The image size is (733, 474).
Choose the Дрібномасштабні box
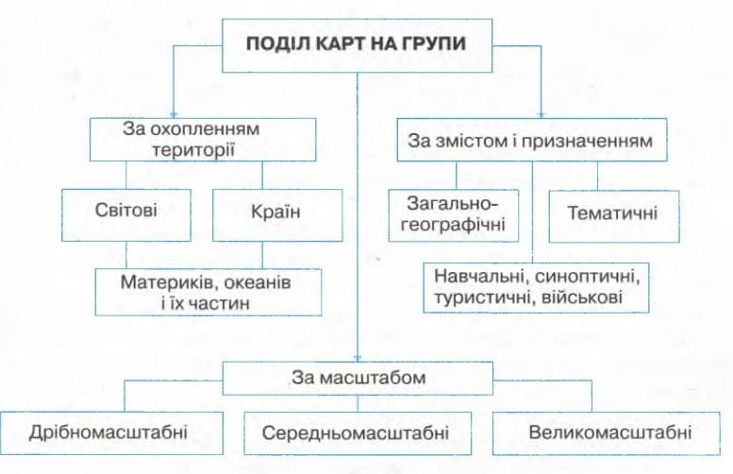coord(108,432)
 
